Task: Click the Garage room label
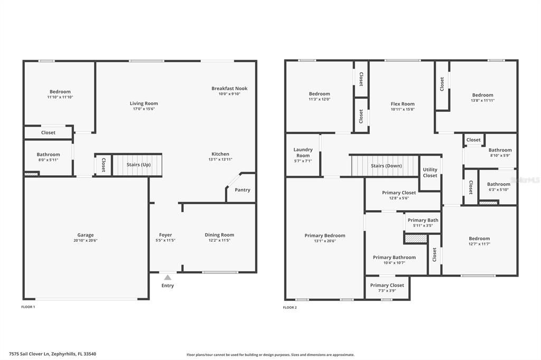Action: (x=86, y=235)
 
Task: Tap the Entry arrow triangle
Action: (x=167, y=277)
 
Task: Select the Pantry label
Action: (x=242, y=190)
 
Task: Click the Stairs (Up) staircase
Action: (x=137, y=165)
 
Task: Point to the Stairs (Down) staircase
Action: (x=385, y=166)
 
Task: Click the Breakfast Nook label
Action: (x=229, y=88)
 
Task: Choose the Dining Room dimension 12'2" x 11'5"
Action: (x=219, y=240)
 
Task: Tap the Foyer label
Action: (x=165, y=235)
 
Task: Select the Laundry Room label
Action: (x=303, y=153)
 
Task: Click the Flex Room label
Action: (x=403, y=104)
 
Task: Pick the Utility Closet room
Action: (x=430, y=173)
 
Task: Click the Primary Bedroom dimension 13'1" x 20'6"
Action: (x=324, y=241)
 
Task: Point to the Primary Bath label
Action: (x=423, y=220)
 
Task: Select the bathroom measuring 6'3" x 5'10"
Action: (x=498, y=187)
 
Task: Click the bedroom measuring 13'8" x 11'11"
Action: (x=482, y=98)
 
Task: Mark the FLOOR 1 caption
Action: (x=28, y=307)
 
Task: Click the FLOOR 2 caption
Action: (x=290, y=307)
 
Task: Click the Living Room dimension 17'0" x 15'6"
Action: (x=144, y=109)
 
